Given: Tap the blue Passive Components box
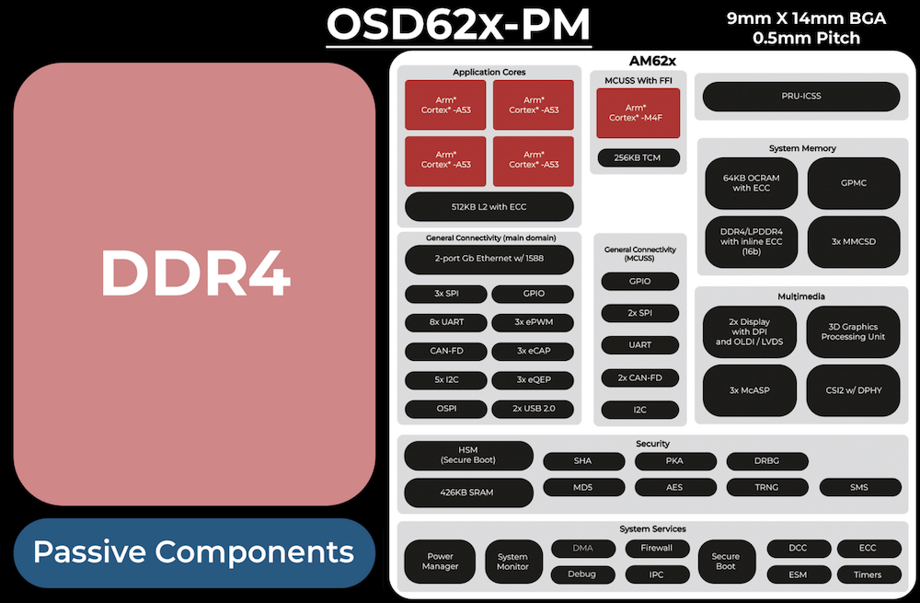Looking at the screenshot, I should pos(194,552).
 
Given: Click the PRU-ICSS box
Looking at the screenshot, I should pos(801,96).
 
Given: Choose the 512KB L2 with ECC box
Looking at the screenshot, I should pos(489,206).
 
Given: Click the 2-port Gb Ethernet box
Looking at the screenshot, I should pos(489,259).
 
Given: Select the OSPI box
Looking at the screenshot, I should pos(446,408).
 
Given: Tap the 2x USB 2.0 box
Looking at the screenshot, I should pos(533,408).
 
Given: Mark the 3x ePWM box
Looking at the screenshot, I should pos(533,322).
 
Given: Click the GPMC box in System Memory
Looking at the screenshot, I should pos(853,183).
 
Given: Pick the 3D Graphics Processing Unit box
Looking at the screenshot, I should pos(853,332).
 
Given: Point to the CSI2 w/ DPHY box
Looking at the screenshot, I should pos(853,390).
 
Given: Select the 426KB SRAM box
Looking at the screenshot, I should pos(468,493).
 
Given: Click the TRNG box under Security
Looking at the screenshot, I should pos(767,486).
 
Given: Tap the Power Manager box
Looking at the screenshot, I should pos(440,561).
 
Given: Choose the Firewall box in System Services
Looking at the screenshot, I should pos(657,549).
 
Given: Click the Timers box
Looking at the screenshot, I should pos(868,574).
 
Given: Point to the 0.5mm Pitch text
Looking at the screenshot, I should pos(806,39).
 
